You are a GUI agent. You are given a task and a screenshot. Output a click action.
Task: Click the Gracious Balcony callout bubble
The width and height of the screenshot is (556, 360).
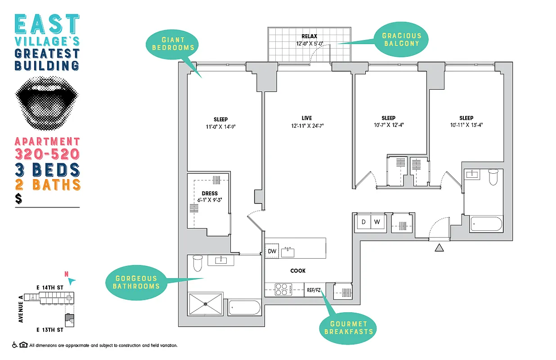(x=401, y=40)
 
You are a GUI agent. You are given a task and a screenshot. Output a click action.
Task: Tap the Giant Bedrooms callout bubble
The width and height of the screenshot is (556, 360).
(x=173, y=43)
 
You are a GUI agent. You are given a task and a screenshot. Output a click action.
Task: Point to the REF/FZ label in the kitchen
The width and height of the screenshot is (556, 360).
(x=313, y=290)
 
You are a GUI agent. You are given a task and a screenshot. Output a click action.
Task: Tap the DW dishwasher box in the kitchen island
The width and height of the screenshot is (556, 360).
(x=272, y=251)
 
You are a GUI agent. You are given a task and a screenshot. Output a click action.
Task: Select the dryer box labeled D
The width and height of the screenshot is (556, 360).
(x=363, y=222)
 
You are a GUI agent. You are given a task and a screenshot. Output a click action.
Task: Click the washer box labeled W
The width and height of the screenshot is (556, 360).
(x=378, y=222)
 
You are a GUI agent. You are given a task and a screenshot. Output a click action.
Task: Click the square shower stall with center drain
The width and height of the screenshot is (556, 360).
(x=206, y=304)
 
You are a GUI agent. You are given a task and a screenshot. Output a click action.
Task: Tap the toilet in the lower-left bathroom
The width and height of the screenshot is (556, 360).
(x=197, y=263)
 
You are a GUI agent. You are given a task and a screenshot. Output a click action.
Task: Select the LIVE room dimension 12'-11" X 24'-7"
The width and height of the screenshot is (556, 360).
(x=307, y=126)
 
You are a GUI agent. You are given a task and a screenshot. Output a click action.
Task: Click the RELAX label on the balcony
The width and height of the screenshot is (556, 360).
(x=309, y=36)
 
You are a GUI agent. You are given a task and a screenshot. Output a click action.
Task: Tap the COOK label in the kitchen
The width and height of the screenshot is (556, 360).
(x=298, y=271)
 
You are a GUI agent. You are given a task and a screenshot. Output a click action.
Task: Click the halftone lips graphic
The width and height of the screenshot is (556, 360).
(x=47, y=101)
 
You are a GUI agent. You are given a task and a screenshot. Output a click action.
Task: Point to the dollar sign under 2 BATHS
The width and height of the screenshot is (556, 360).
(x=18, y=199)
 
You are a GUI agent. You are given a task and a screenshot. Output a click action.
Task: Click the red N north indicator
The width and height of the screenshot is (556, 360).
(x=67, y=274)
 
